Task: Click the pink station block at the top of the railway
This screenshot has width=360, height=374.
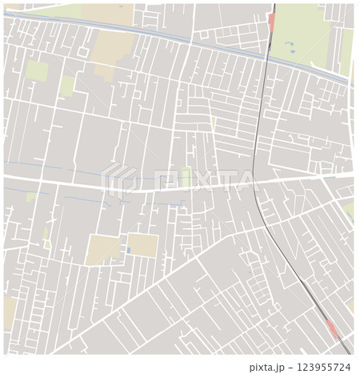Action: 272,22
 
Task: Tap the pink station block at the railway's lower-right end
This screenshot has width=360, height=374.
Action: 332,328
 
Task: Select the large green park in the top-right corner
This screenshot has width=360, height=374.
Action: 304,32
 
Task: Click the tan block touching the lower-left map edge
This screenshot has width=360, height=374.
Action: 10,313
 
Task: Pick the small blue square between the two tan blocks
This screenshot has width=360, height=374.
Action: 128,251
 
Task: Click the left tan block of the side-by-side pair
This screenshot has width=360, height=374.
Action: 104,248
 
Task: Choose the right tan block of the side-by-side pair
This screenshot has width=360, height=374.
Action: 143,245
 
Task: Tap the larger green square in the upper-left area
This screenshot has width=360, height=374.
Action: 36,70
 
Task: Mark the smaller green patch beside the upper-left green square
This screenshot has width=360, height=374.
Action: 67,84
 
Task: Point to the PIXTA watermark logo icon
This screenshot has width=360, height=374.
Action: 118,179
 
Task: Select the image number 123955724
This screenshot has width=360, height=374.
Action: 324,368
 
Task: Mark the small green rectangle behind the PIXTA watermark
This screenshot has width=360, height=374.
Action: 186,175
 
